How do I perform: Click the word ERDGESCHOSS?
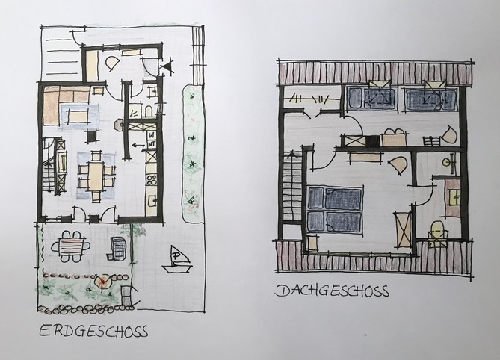93,331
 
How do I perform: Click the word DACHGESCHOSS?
332,291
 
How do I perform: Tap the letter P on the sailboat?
176,256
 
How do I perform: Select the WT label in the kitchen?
152,144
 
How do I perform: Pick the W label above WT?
152,135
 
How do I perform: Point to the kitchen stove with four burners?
151,180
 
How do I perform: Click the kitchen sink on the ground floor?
152,201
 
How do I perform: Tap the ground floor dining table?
96,176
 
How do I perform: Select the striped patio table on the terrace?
71,247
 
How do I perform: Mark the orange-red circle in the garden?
103,282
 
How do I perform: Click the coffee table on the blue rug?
78,116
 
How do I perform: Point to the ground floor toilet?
149,112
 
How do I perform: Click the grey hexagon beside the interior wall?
119,125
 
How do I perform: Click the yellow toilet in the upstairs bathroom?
437,234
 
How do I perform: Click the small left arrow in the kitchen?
138,146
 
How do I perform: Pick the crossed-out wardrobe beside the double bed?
402,230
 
